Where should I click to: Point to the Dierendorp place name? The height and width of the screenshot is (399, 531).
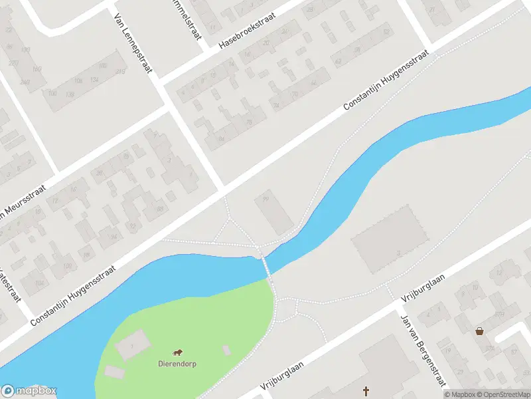[177, 364]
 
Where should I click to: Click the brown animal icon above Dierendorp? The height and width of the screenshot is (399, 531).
[177, 352]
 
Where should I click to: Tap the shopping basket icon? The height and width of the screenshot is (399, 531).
[479, 331]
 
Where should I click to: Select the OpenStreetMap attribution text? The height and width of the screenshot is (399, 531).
[502, 394]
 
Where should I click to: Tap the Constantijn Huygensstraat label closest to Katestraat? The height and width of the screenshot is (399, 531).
[73, 295]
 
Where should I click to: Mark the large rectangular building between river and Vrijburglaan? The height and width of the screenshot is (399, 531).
[388, 237]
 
